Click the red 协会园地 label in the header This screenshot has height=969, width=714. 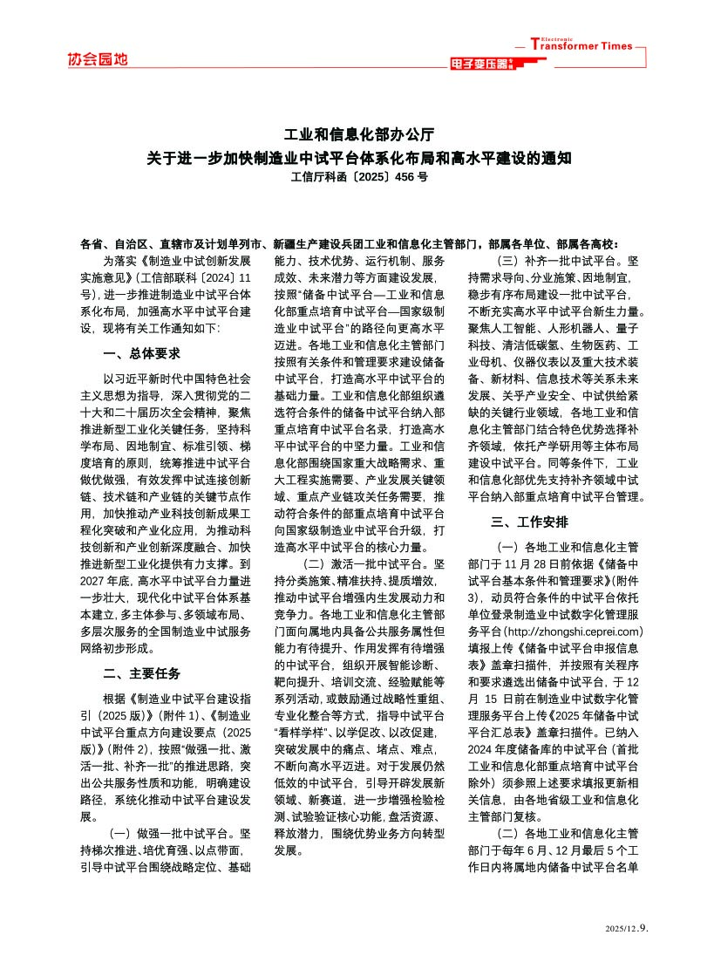97,59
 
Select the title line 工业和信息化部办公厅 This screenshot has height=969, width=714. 357,136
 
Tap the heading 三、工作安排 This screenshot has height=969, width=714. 530,522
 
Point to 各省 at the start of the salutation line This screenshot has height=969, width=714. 90,245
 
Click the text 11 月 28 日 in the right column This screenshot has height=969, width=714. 542,563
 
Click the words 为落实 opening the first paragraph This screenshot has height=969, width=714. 119,261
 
